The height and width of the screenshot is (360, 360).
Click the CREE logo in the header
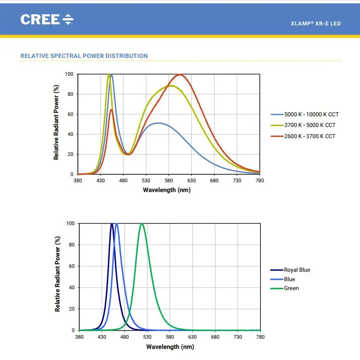(x=47, y=19)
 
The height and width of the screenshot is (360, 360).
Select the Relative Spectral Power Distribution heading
(x=84, y=56)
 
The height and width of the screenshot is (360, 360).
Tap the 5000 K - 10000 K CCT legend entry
(x=311, y=115)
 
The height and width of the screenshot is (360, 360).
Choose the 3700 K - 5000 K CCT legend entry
(x=310, y=125)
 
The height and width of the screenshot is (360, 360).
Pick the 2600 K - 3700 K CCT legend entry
(x=310, y=136)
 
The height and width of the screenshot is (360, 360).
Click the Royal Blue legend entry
(x=297, y=270)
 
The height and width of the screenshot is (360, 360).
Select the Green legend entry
(x=291, y=288)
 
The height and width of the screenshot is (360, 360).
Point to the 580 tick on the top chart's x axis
(x=169, y=180)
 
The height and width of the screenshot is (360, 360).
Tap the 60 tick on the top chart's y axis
(x=69, y=115)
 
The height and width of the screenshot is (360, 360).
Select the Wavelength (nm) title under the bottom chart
(x=170, y=347)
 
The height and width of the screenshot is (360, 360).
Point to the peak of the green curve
(x=142, y=224)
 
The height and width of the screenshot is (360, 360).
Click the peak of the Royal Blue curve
(x=112, y=224)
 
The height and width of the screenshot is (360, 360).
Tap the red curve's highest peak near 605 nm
(x=180, y=74)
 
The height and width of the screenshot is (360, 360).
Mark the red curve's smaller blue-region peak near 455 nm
(x=111, y=110)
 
